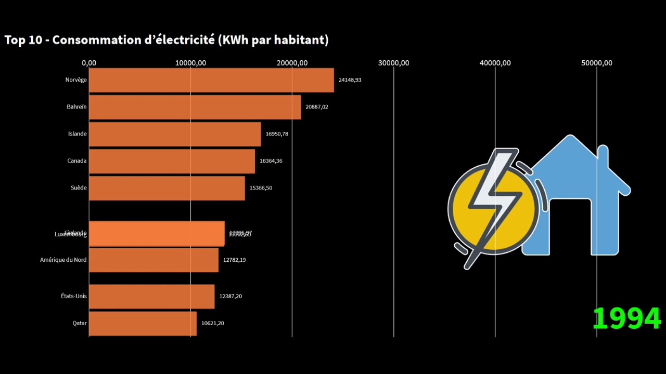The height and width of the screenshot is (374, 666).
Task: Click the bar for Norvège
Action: click(211, 81)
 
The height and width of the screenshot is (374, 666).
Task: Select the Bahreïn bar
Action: click(195, 107)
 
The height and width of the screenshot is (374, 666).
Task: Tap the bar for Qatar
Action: click(143, 323)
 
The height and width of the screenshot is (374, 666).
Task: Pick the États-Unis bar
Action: click(151, 296)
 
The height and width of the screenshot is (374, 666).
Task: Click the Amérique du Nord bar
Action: click(153, 260)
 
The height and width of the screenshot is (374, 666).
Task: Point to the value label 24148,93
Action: click(350, 80)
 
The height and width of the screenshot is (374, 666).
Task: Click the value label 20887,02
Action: click(317, 107)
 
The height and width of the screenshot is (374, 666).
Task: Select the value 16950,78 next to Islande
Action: click(277, 134)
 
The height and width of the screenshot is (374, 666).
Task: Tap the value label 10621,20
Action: click(213, 323)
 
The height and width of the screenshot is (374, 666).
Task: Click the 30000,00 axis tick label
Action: click(393, 63)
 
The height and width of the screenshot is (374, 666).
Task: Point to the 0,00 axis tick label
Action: click(89, 63)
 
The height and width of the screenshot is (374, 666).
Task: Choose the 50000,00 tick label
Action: click(596, 63)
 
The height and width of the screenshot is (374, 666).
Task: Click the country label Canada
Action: click(77, 161)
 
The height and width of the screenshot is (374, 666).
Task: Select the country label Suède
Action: click(79, 188)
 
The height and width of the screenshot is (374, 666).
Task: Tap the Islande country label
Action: click(78, 134)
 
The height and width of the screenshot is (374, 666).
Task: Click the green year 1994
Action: click(626, 318)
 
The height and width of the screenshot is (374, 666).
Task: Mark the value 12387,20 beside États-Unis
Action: click(230, 296)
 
